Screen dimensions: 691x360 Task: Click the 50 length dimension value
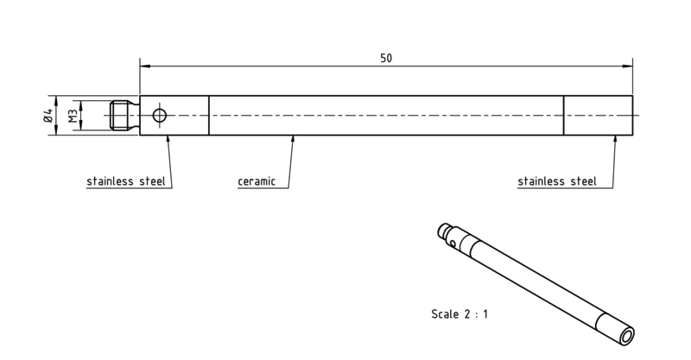tap(386, 58)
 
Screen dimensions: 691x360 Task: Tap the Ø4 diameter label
tap(48, 116)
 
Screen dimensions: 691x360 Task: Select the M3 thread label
tap(73, 116)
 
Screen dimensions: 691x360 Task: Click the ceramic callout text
tap(257, 181)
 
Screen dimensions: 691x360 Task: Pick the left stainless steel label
tap(126, 181)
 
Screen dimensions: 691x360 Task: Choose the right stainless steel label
tap(557, 181)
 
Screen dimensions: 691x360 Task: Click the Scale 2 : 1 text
tap(460, 314)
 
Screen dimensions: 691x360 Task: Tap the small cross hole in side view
tap(160, 116)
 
